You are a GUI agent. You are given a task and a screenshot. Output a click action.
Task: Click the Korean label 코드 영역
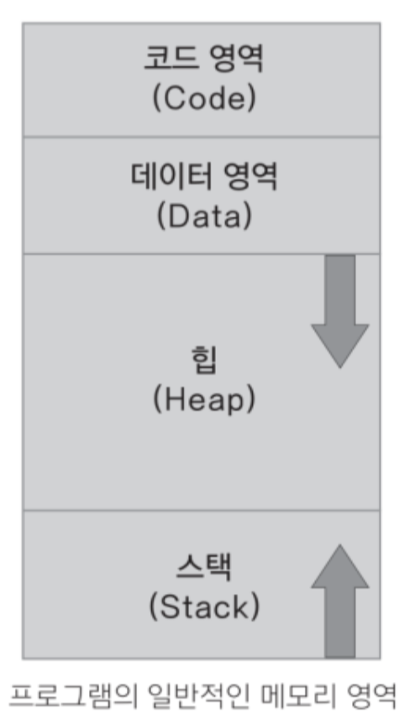click(203, 59)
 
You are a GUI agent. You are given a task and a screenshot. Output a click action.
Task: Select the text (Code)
click(203, 98)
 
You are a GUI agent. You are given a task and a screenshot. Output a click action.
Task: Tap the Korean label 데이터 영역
click(204, 176)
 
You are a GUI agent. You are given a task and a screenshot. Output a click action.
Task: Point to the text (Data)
click(204, 216)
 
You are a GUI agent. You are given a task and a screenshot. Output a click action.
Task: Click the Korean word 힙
click(203, 360)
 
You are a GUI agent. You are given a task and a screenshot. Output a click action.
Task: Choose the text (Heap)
click(203, 399)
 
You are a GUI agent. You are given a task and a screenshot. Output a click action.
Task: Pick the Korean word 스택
click(203, 567)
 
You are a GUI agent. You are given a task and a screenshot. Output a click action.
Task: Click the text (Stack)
click(204, 606)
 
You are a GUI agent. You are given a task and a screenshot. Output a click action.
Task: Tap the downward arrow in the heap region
click(339, 312)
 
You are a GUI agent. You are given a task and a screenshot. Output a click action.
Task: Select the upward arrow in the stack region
click(339, 601)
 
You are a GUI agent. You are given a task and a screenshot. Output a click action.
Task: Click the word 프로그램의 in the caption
click(73, 696)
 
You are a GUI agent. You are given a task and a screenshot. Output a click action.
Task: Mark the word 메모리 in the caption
click(297, 696)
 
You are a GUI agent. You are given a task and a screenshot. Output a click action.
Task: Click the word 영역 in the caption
click(371, 696)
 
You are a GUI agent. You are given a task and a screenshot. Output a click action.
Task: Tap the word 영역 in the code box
click(237, 59)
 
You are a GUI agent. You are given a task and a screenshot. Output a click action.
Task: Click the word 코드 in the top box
click(171, 59)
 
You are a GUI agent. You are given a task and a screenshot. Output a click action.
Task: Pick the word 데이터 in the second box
click(172, 176)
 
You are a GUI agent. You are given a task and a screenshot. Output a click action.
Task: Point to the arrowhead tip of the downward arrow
click(339, 368)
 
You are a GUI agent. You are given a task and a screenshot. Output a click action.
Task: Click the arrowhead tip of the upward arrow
click(339, 545)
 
